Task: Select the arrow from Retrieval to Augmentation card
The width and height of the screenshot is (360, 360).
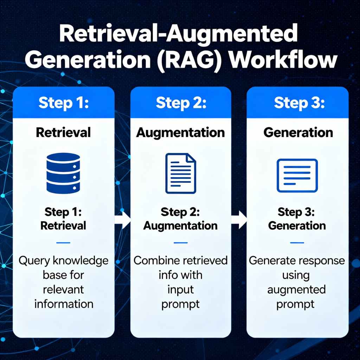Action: point(123,220)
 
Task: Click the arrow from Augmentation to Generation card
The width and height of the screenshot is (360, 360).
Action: point(239,220)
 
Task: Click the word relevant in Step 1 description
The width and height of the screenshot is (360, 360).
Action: point(64,289)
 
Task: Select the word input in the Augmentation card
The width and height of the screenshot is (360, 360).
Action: point(180,289)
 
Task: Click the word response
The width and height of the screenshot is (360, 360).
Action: point(321,261)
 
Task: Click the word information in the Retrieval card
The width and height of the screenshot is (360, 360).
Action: point(64,303)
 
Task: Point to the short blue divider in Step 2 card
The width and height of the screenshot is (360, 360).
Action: point(181,243)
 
